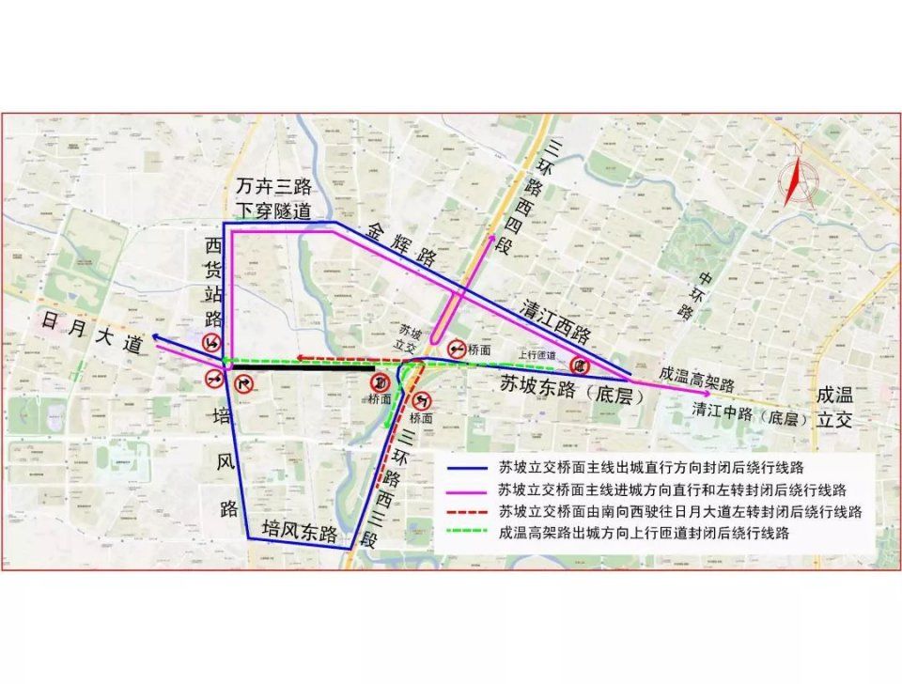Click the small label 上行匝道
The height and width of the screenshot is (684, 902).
tap(537, 355)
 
